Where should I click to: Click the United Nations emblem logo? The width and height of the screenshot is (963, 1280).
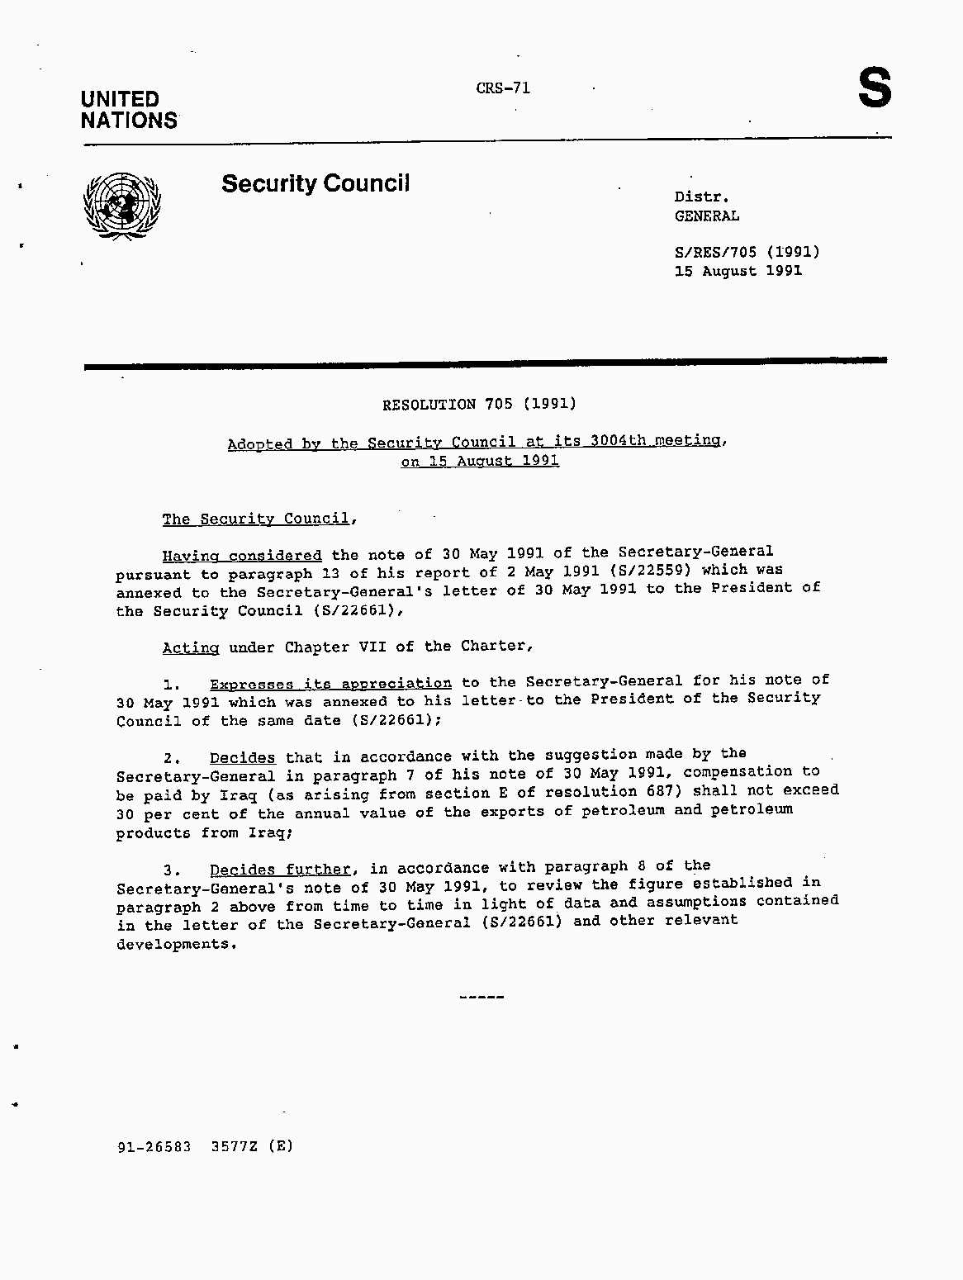122,206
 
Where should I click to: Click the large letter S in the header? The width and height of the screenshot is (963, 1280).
875,88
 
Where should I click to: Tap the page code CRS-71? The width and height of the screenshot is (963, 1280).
503,88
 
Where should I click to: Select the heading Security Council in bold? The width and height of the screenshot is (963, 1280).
315,183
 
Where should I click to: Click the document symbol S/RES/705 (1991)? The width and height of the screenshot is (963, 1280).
747,252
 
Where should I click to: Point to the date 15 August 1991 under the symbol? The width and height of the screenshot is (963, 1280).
738,271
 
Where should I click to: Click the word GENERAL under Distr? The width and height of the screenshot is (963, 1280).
707,216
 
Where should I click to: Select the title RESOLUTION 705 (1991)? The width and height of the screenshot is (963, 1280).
479,404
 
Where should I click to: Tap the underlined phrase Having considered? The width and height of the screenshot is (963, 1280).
242,556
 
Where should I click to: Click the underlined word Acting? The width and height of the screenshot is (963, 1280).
191,647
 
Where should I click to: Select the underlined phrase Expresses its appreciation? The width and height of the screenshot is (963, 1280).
330,684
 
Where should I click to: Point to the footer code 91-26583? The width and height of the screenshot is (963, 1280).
154,1146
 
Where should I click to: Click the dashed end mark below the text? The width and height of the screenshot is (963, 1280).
481,998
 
